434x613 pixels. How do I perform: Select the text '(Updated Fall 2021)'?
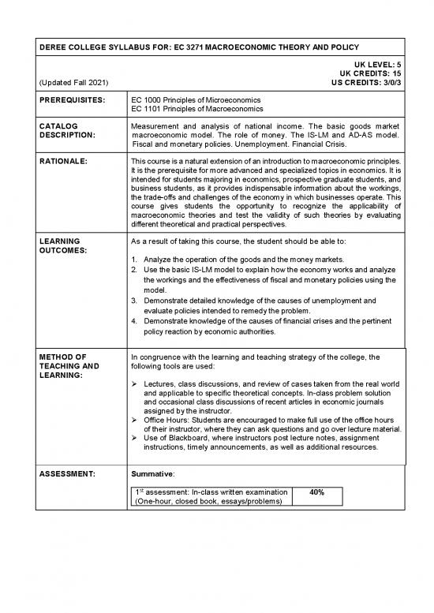pyautogui.click(x=69, y=82)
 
